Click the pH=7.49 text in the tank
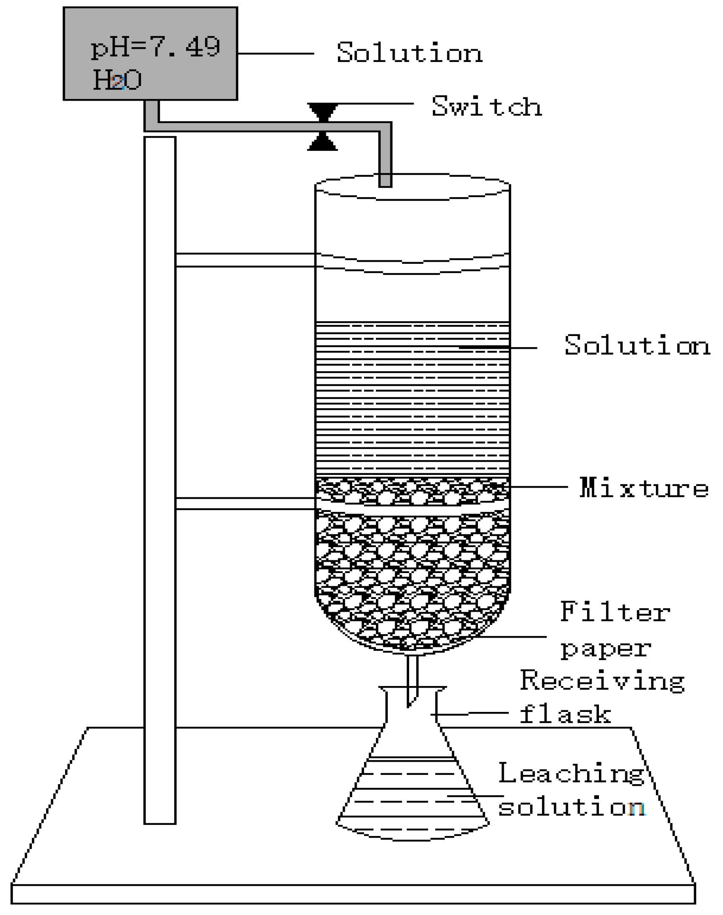tap(155, 48)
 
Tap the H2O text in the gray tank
tap(117, 80)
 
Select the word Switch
tap(487, 106)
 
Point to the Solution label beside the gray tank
tap(410, 54)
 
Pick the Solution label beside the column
tap(636, 345)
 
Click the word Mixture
tap(644, 488)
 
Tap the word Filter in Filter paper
tap(615, 612)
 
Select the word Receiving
tap(602, 681)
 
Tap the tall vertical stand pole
tap(160, 467)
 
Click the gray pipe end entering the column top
tap(385, 178)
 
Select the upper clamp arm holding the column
tap(246, 260)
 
